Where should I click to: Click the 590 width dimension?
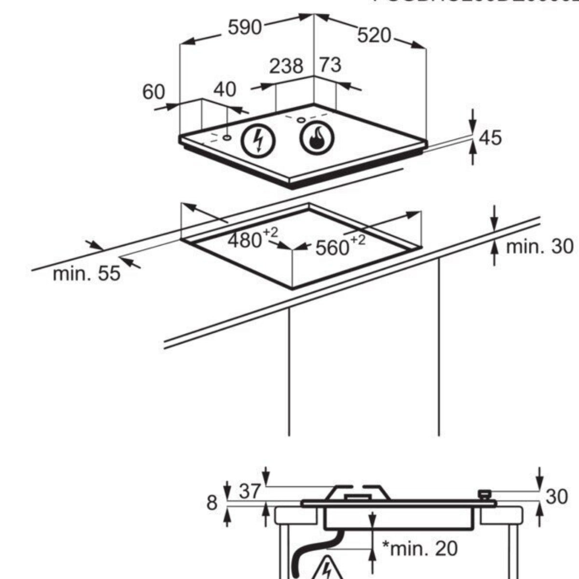click(245, 28)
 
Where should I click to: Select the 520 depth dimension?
click(374, 35)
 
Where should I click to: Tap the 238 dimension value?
click(286, 66)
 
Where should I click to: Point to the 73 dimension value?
click(331, 65)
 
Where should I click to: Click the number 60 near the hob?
click(153, 92)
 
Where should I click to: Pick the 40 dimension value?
click(225, 89)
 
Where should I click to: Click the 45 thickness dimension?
click(490, 138)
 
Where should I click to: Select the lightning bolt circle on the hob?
click(258, 141)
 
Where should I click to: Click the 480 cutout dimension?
click(245, 240)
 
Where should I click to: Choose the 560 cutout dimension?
click(332, 248)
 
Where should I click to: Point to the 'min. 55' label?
click(86, 274)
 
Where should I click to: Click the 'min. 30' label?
click(539, 247)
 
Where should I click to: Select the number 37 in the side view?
click(250, 492)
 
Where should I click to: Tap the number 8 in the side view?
click(212, 503)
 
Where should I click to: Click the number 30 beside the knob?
click(556, 496)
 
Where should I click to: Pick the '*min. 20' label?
click(419, 548)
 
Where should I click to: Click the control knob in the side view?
click(484, 495)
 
